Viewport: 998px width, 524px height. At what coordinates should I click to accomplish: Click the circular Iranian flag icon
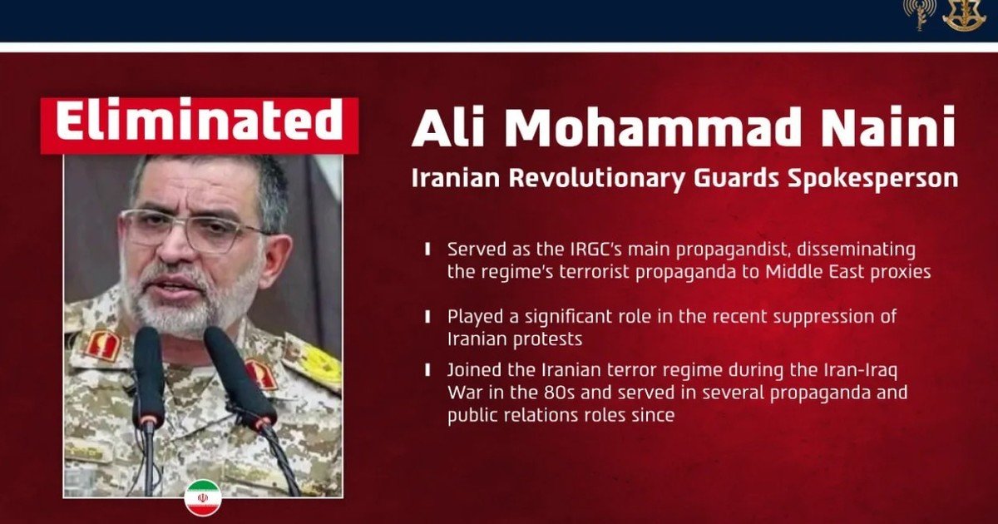click(203, 498)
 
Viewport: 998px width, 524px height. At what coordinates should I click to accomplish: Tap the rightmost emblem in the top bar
click(962, 15)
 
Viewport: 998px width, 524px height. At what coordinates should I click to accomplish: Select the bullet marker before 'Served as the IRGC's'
click(427, 249)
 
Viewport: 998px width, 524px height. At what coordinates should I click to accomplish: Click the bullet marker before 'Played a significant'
click(427, 317)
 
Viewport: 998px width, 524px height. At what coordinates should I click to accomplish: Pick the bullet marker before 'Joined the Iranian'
click(427, 370)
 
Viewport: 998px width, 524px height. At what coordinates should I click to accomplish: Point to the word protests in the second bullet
click(547, 339)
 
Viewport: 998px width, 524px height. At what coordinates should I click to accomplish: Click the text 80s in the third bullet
click(559, 393)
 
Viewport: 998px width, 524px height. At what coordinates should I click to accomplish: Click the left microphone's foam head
click(148, 375)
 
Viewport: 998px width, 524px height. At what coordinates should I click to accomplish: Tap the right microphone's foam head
click(240, 377)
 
